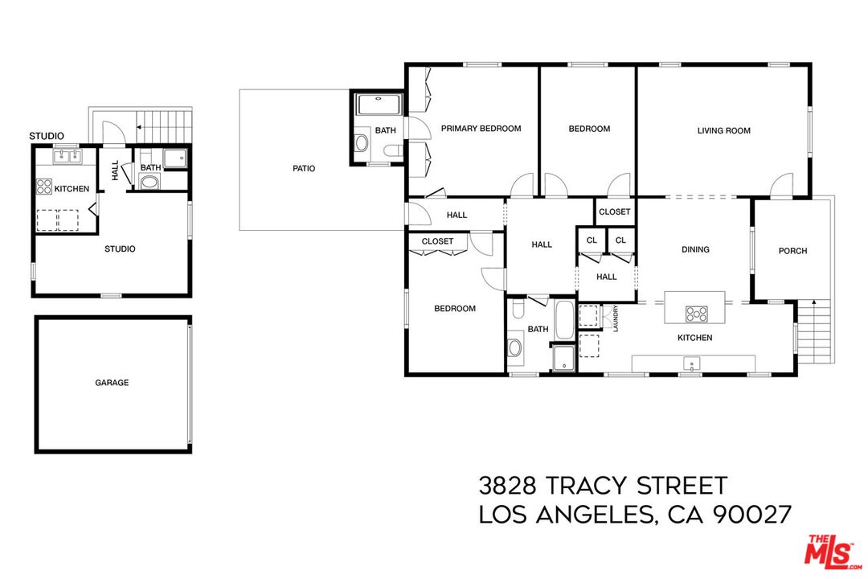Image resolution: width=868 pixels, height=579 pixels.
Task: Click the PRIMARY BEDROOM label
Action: tap(481, 129)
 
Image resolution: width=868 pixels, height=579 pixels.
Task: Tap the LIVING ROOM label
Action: tap(723, 130)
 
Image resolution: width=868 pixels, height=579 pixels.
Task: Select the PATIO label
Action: tap(304, 169)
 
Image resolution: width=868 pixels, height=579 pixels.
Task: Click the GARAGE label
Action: tap(112, 383)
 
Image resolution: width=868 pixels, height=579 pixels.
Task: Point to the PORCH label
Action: tap(792, 251)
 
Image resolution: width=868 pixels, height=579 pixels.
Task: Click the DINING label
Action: tap(695, 249)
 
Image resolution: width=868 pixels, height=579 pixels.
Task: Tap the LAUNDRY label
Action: tap(616, 318)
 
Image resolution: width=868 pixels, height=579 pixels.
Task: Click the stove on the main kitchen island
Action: tap(695, 313)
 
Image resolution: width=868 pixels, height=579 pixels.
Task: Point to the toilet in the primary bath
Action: tap(392, 150)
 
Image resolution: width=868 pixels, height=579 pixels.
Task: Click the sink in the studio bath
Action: tap(150, 182)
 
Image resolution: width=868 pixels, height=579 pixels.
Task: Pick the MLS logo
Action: tap(832, 550)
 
